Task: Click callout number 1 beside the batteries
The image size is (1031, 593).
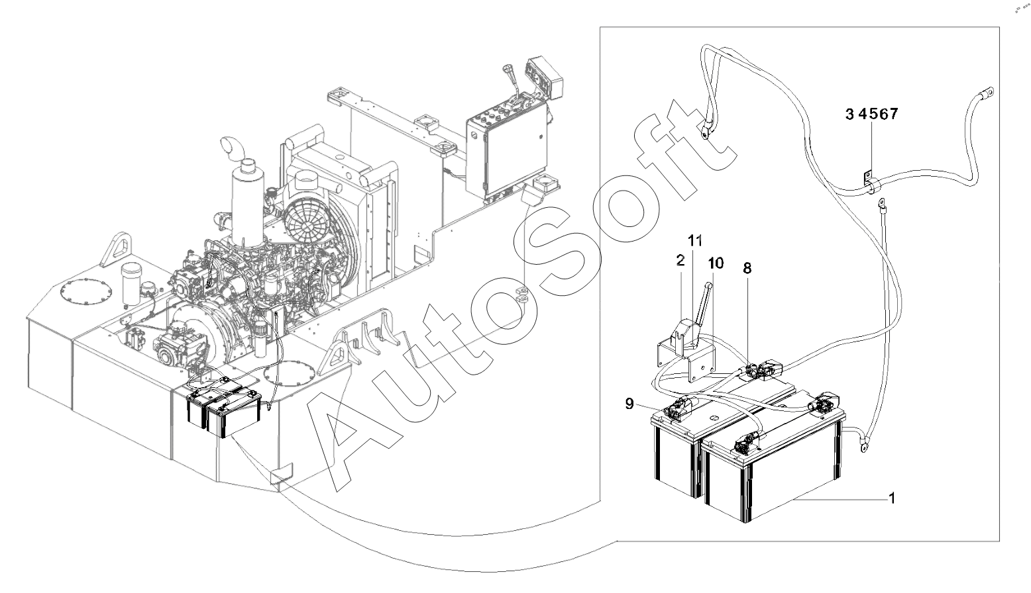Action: click(892, 496)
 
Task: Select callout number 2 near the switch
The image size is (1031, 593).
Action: click(680, 260)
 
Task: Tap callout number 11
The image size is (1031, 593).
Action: click(694, 240)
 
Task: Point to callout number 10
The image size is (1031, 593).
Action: click(715, 263)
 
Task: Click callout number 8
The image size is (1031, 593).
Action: click(747, 268)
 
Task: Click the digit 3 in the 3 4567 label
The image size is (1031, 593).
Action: click(849, 114)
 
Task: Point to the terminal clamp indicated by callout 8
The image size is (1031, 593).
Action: click(755, 371)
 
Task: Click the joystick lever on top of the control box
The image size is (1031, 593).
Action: click(512, 80)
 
